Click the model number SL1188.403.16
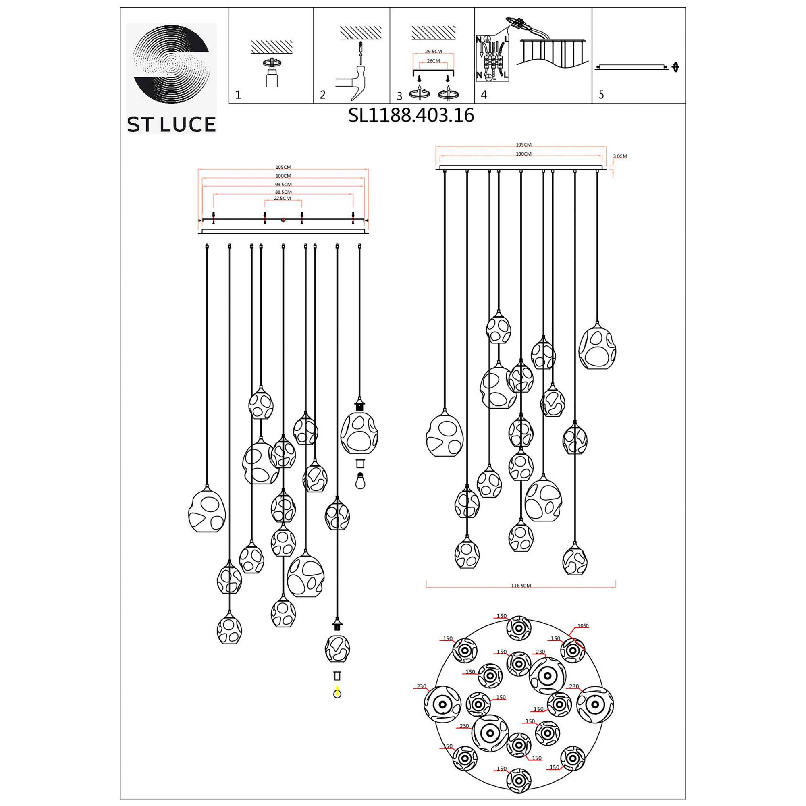point(411,116)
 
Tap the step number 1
point(238,95)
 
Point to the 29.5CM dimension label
point(433,52)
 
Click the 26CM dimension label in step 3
point(433,61)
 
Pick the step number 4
point(484,95)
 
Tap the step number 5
point(601,95)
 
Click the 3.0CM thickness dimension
point(620,156)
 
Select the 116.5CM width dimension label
point(521,586)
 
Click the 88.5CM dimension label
point(283,192)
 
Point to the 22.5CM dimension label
point(283,199)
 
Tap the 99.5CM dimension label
point(283,185)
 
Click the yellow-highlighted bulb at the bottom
point(337,693)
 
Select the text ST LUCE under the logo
point(171,124)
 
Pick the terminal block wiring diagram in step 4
point(492,58)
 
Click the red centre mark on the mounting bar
point(283,220)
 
